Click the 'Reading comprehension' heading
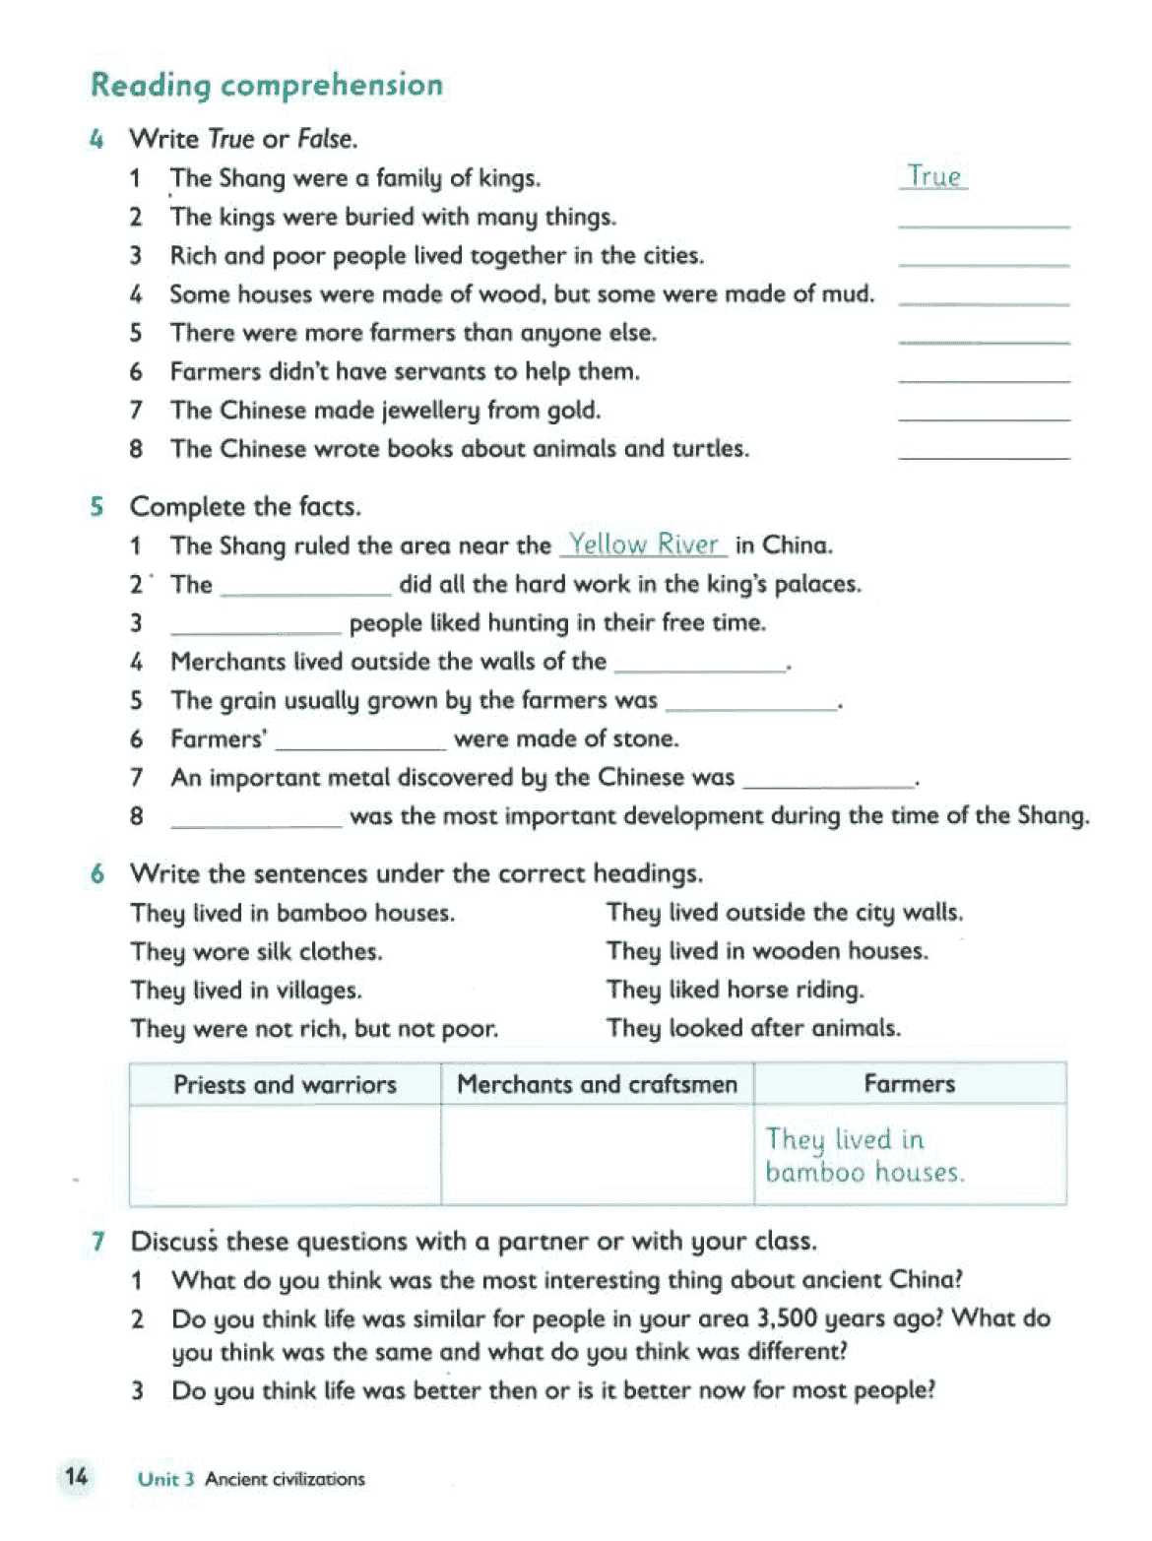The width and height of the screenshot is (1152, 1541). pos(266,86)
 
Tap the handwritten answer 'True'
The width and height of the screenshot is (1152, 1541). pos(933,177)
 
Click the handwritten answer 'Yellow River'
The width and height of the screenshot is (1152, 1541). pos(644,545)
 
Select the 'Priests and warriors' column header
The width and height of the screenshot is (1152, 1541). pos(285,1084)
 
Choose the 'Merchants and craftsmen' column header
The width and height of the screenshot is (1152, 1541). pos(597,1084)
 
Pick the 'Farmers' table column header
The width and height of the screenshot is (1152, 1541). pos(909,1084)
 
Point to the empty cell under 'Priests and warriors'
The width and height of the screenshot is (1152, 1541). pos(285,1154)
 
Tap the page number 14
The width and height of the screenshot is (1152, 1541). pos(76,1477)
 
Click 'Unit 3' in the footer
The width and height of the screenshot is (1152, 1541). pos(165,1479)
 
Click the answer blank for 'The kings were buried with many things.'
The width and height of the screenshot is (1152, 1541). pos(983,219)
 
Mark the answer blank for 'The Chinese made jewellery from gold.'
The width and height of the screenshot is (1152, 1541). pos(983,412)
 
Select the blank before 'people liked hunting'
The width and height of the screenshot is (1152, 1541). pos(255,624)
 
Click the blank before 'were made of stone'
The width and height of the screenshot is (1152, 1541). pos(360,740)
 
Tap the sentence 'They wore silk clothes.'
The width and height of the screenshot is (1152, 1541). pos(256,952)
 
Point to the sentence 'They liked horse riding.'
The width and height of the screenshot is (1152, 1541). pos(735,990)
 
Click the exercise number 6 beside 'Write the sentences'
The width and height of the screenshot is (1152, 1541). pos(97,873)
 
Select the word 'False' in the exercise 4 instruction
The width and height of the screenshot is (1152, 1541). pos(325,139)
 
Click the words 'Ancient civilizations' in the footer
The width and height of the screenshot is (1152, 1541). pos(285,1479)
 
